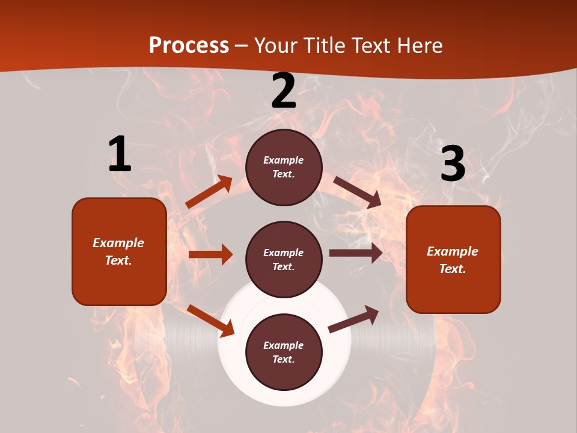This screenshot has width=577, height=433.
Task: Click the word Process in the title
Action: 189,45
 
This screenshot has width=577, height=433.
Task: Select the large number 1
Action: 120,154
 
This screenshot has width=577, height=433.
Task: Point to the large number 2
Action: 284,91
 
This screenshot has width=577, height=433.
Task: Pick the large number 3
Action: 453,164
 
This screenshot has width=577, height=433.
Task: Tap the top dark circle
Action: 284,167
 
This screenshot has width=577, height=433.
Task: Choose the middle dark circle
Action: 284,259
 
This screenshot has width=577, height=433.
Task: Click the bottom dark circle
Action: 284,352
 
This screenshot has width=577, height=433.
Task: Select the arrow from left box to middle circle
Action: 210,254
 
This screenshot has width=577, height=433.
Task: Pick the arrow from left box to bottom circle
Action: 211,321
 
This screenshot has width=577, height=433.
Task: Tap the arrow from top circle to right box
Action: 357,192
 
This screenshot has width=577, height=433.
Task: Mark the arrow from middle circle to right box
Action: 356,253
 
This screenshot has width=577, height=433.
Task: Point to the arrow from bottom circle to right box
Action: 354,318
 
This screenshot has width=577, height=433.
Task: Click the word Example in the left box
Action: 118,243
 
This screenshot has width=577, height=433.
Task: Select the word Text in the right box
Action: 452,269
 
